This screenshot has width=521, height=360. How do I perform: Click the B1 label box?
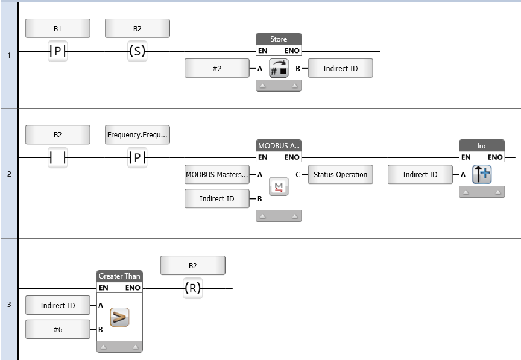coord(58,28)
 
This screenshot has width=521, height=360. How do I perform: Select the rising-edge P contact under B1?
coord(58,52)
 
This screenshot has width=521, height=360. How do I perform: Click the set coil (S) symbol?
coord(137,52)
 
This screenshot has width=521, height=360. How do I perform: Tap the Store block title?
coord(279,39)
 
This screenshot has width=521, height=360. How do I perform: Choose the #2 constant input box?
coord(217,69)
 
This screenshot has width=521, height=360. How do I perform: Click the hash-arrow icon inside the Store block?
coord(279,69)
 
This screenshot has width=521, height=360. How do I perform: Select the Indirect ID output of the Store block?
coord(340,69)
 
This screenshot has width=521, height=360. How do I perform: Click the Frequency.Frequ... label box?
coord(137,134)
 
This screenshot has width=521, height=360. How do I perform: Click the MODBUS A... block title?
coord(279,145)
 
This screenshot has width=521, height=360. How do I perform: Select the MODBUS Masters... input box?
coord(217,175)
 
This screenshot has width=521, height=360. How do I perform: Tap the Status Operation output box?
coord(340,175)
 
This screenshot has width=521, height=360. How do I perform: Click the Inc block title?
coord(482,145)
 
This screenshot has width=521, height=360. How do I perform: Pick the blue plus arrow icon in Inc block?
coord(482,175)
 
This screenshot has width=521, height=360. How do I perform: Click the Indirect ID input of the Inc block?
coord(420,175)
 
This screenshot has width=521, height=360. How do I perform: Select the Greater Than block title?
coord(119,276)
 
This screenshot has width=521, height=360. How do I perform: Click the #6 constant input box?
coord(58,330)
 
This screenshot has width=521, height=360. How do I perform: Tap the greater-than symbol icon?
coord(119,318)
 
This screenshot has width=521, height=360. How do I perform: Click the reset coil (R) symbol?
coord(192,288)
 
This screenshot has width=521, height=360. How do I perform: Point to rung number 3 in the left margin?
coord(9,305)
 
